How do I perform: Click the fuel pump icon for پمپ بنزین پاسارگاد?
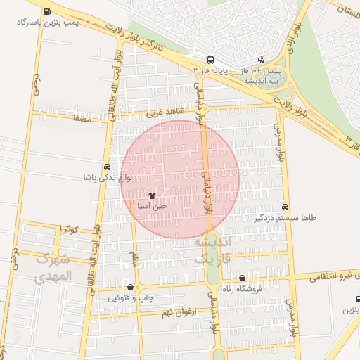(46, 12)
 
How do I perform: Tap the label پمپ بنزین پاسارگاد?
(47, 22)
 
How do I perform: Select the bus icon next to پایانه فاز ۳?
(211, 60)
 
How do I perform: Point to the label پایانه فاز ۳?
(211, 71)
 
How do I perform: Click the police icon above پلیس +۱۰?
(261, 60)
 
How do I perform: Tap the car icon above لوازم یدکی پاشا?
(106, 167)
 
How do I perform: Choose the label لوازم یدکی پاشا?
(106, 179)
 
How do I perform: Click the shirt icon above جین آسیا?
(153, 195)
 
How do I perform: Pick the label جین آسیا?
(153, 207)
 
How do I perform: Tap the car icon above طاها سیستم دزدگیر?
(285, 207)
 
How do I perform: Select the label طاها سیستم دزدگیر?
(285, 218)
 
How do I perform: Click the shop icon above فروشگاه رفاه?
(242, 278)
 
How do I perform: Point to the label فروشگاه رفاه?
(242, 289)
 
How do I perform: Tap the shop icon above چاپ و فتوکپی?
(131, 287)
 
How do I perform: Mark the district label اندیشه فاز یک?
(212, 250)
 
